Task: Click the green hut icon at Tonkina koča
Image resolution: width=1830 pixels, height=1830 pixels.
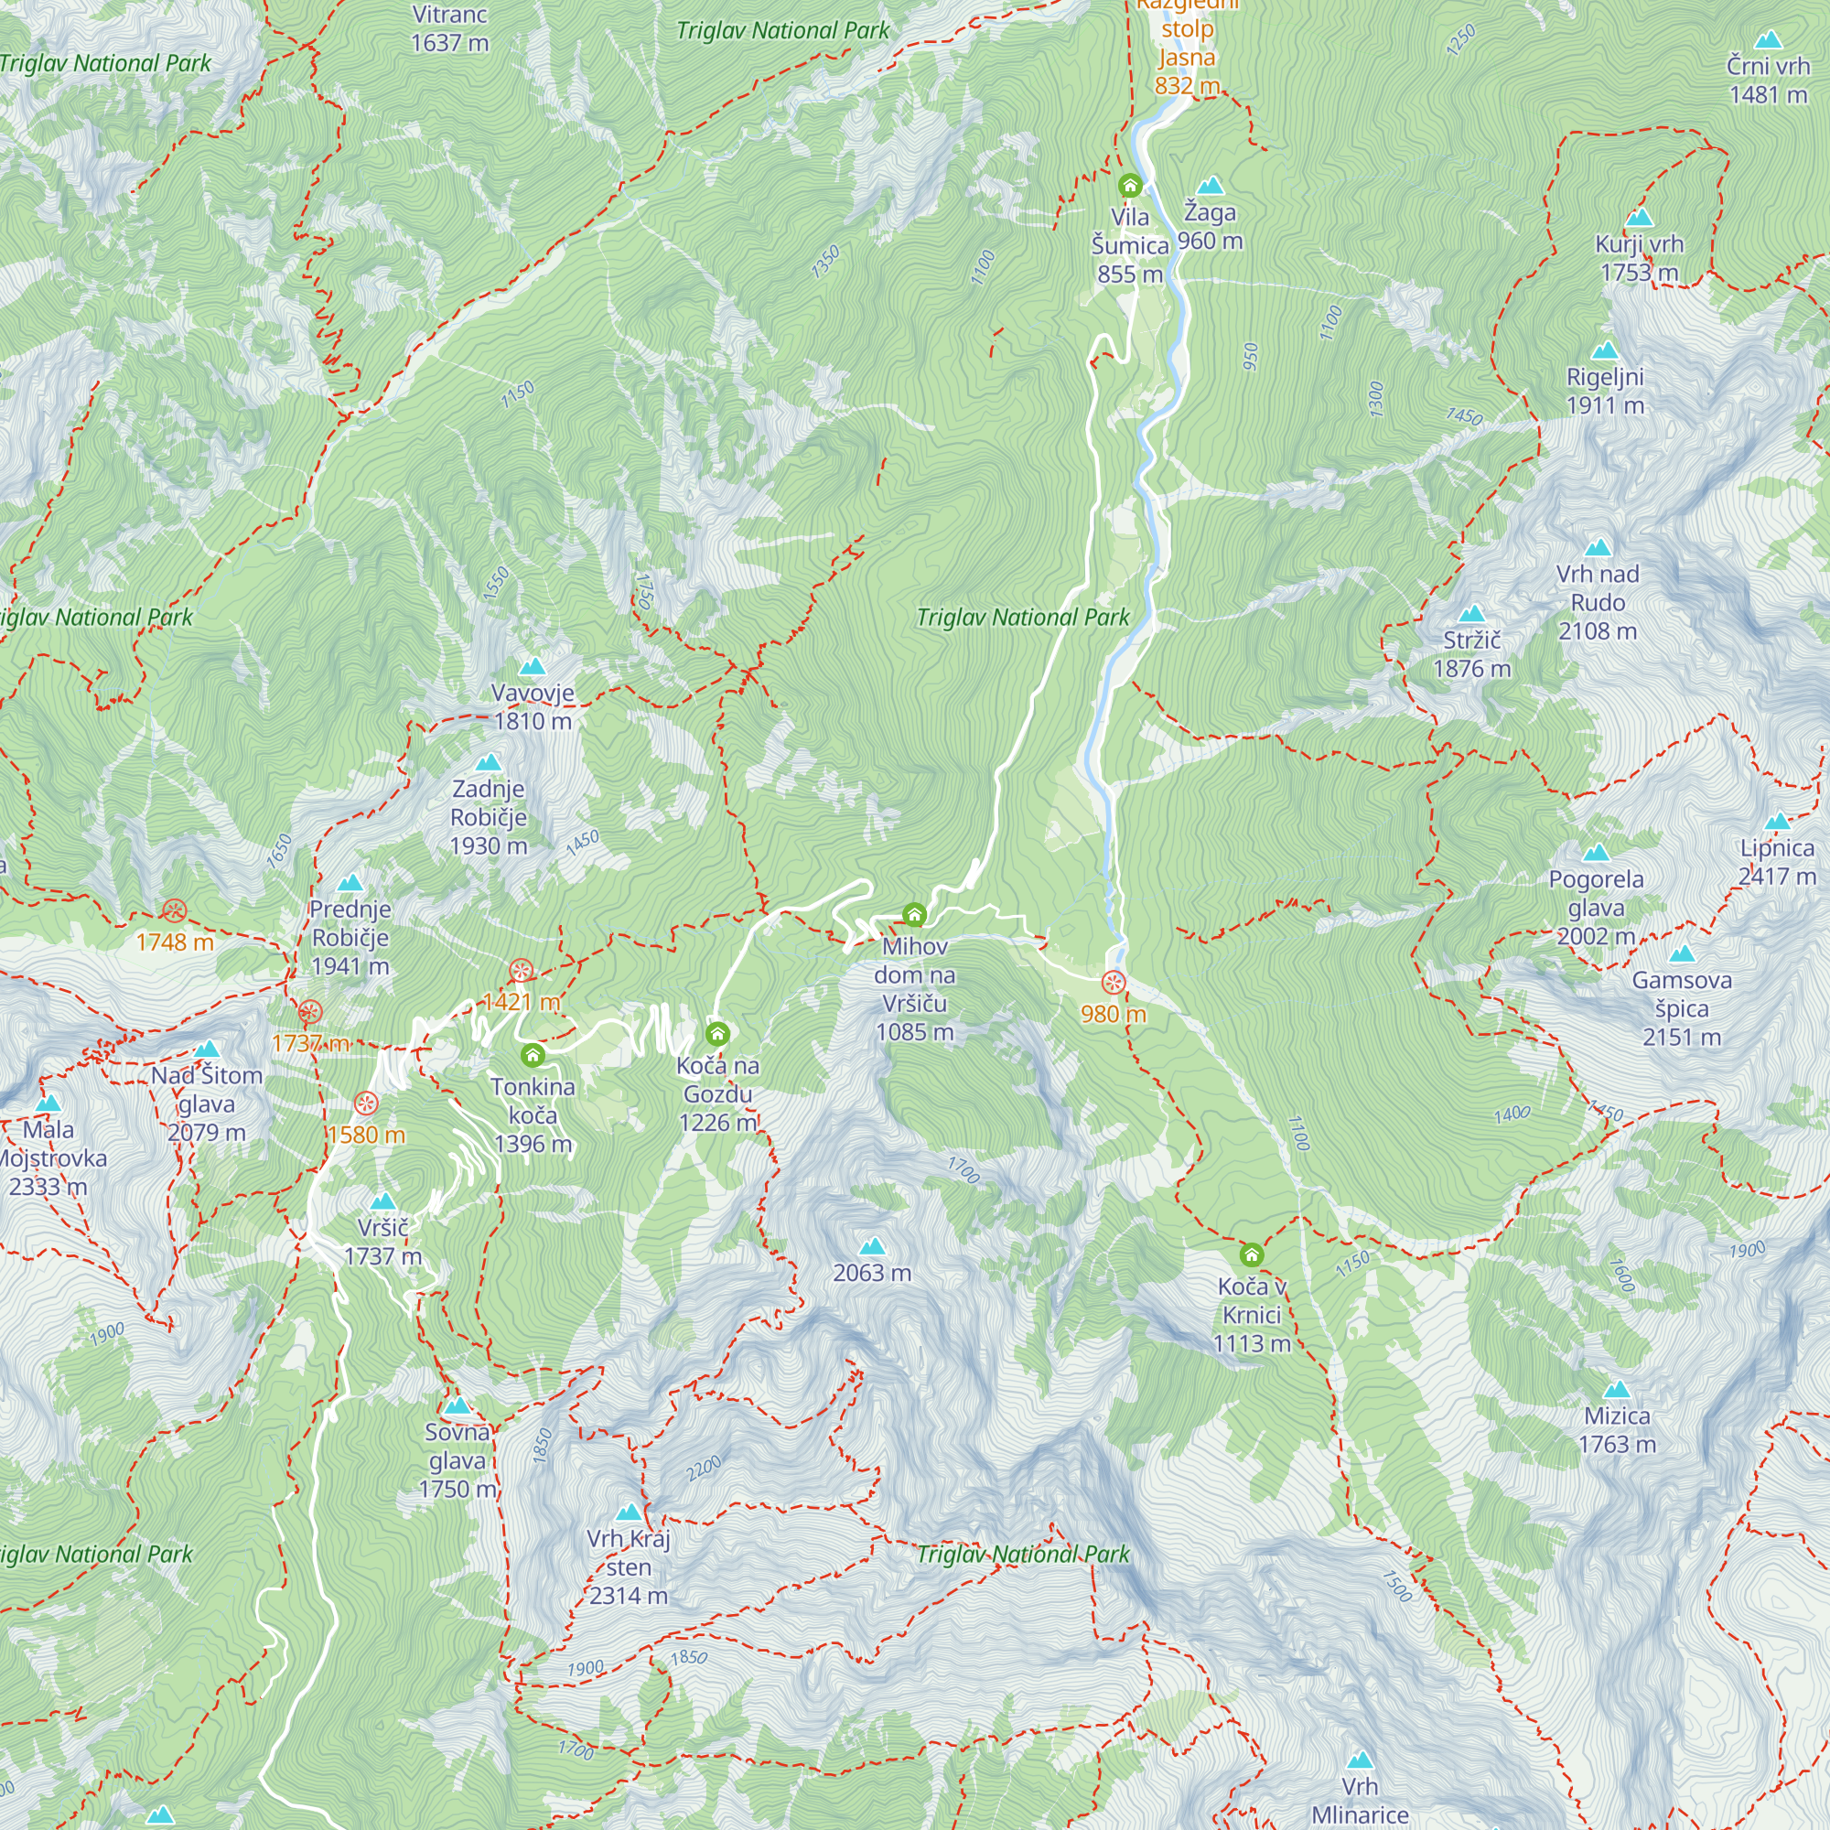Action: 533,1054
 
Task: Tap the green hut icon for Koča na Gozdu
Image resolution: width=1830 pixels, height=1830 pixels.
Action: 718,1032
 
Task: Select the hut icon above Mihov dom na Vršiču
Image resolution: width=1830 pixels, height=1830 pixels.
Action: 914,914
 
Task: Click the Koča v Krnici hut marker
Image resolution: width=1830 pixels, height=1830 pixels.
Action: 1251,1255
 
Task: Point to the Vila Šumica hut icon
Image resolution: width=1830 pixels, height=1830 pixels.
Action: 1129,185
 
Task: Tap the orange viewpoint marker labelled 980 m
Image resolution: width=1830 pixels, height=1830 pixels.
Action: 1113,982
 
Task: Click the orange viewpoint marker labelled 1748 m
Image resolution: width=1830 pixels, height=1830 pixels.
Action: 174,911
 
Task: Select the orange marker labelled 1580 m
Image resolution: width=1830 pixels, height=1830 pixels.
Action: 366,1103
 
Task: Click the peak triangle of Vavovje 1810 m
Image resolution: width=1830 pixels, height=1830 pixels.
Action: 533,667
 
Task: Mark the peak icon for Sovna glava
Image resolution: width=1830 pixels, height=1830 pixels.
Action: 457,1405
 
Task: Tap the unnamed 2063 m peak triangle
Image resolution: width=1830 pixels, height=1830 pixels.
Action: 871,1246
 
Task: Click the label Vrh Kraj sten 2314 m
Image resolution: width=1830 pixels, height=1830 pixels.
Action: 628,1566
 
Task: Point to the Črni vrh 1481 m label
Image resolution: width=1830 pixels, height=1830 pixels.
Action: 1768,81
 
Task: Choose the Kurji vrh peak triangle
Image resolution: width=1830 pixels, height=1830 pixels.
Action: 1639,218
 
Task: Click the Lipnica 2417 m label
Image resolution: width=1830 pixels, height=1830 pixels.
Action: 1777,862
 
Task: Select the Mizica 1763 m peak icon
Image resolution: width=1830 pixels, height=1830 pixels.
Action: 1617,1390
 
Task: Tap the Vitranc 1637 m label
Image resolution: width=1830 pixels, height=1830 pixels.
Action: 450,28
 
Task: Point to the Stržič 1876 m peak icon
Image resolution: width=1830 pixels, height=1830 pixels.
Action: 1471,614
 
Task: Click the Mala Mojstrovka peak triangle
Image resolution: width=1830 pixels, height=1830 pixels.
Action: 48,1103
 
